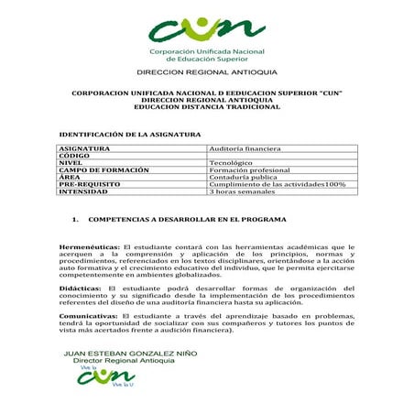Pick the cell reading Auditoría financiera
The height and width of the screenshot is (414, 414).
pos(245,147)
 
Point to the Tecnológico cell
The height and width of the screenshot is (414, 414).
pos(234,162)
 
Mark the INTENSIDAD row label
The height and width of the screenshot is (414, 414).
pos(89,191)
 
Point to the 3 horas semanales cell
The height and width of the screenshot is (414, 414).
pos(242,191)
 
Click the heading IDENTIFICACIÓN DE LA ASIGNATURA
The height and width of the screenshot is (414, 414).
pos(129,134)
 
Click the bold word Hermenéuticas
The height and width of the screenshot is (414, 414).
pos(89,247)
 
